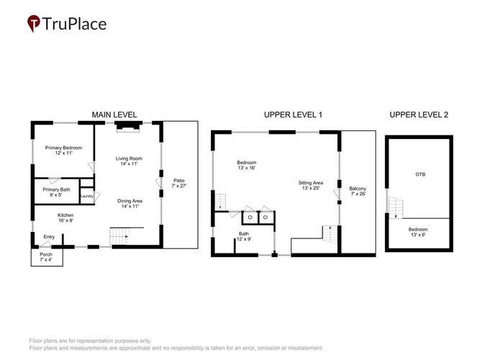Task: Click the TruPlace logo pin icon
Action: pos(33,23)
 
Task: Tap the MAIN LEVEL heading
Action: pos(114,115)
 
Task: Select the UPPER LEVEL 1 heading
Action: pos(293,115)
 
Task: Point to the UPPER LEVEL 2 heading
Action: pos(419,115)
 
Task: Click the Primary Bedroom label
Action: pos(63,148)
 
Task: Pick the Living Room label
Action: pos(129,158)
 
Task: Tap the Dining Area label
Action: pos(130,201)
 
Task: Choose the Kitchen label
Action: pos(65,215)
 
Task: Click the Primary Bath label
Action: pos(56,189)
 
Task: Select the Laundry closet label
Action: pos(87,196)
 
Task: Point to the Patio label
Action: pos(179,181)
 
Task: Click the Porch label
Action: pos(46,254)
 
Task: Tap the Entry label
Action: pos(49,237)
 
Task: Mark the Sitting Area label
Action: pos(311,183)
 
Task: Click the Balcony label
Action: pos(358,189)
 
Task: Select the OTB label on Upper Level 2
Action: pos(420,174)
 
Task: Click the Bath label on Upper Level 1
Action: pos(244,234)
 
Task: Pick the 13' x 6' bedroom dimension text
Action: pos(418,235)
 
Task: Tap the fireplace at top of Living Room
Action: pos(129,127)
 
